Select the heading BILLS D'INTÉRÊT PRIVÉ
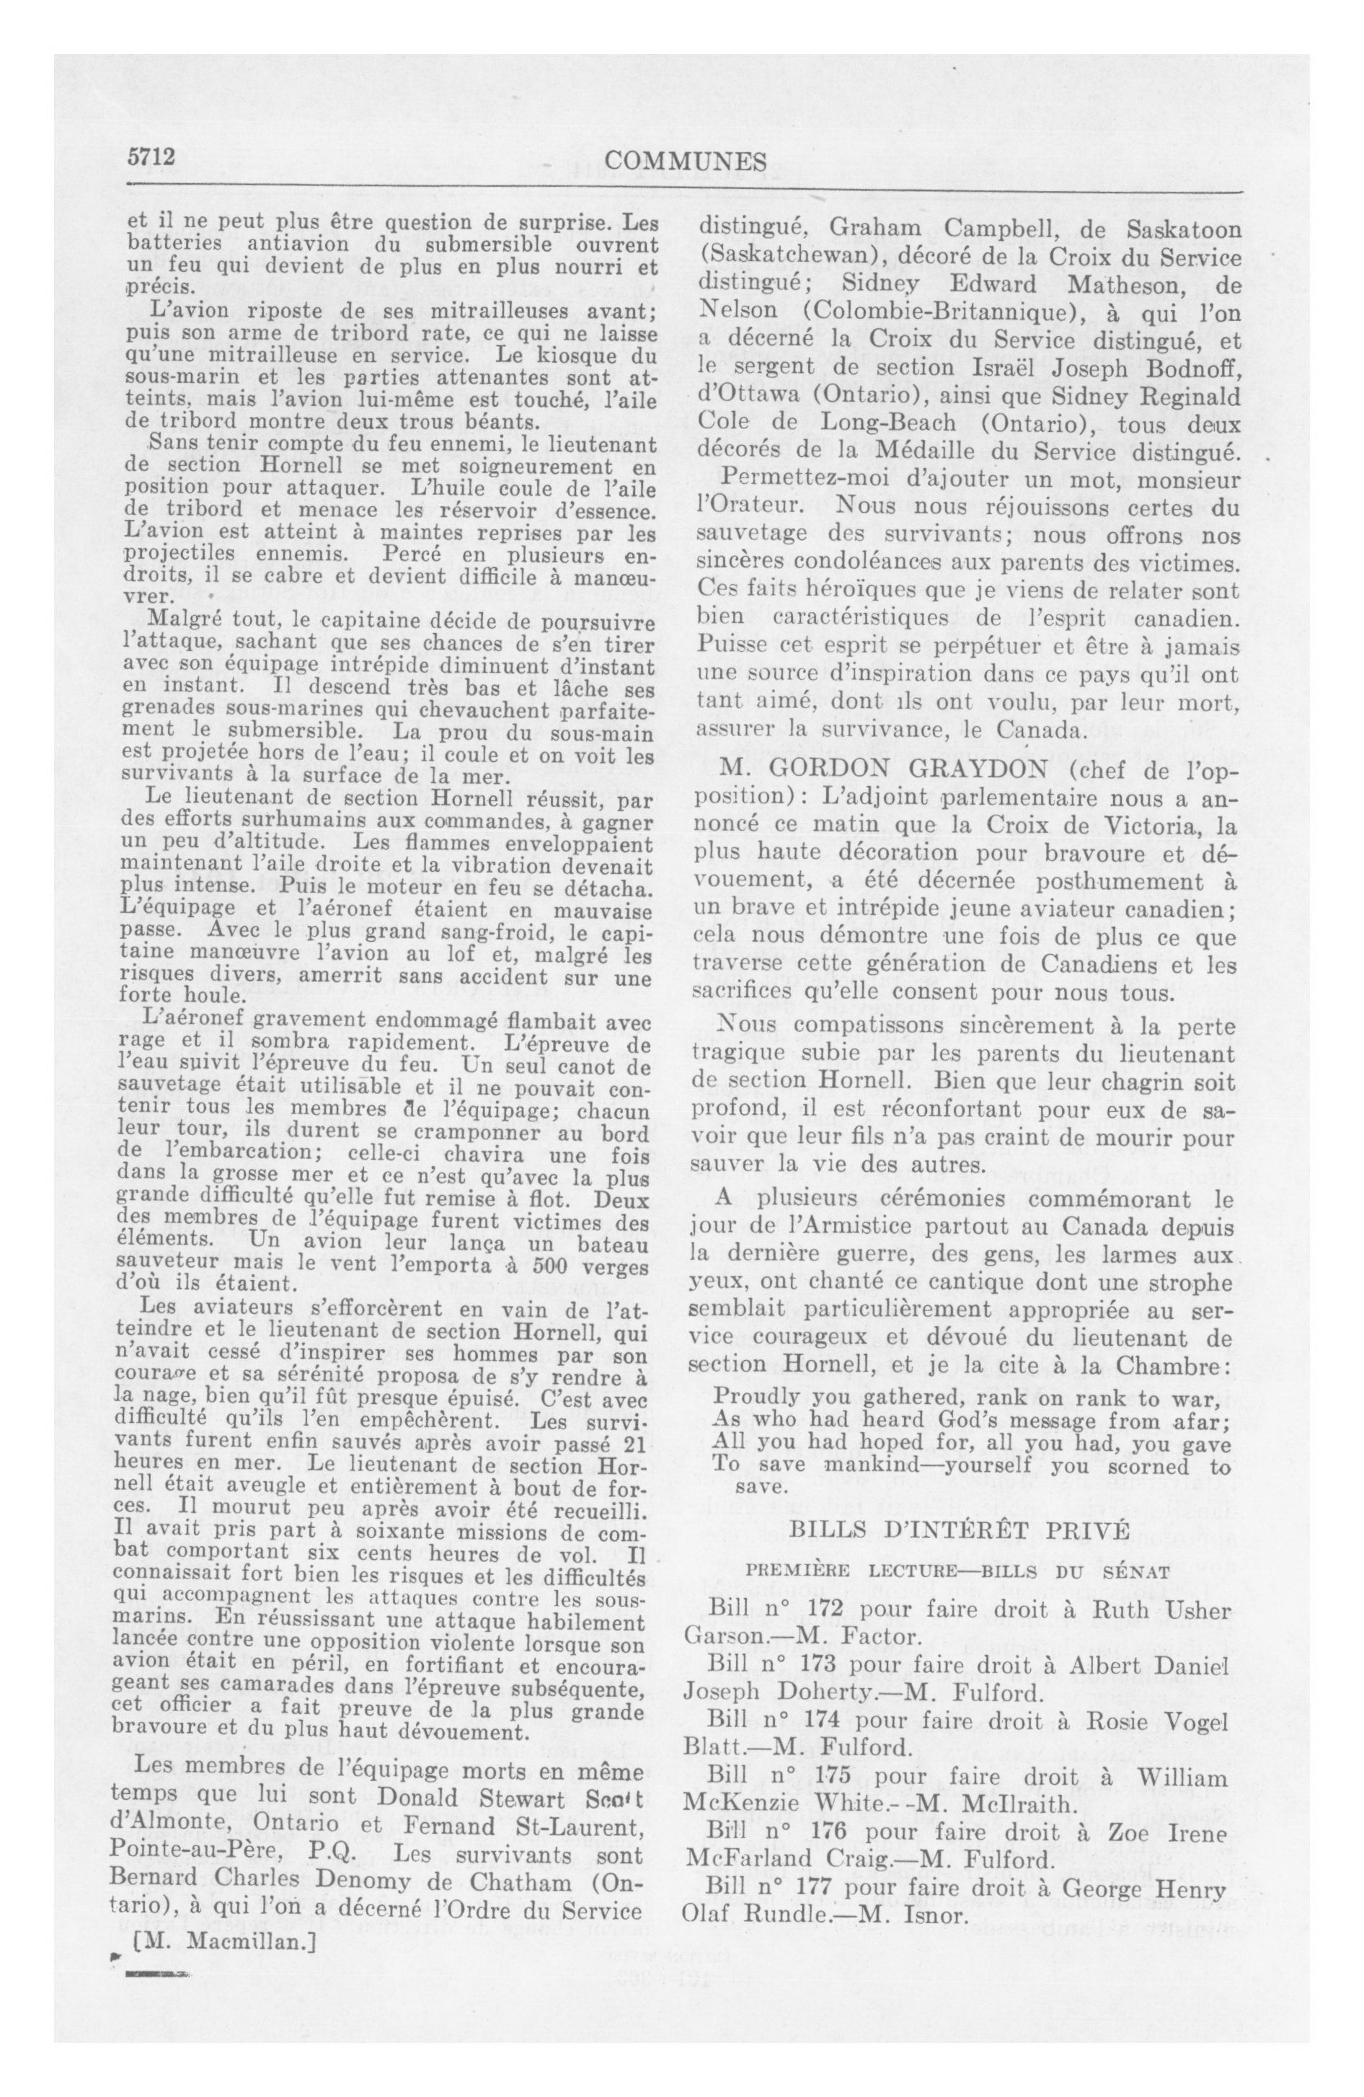pyautogui.click(x=959, y=1529)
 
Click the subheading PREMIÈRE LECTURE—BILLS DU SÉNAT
pyautogui.click(x=958, y=1572)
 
